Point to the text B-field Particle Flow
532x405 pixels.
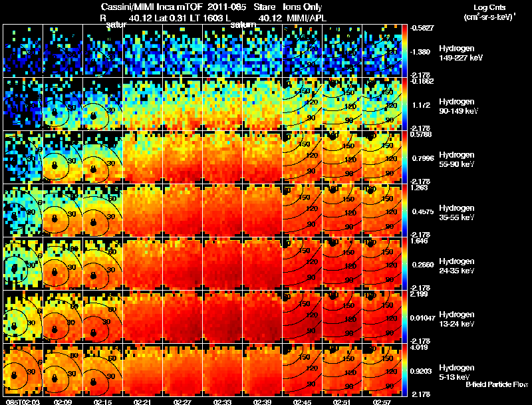point(497,384)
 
